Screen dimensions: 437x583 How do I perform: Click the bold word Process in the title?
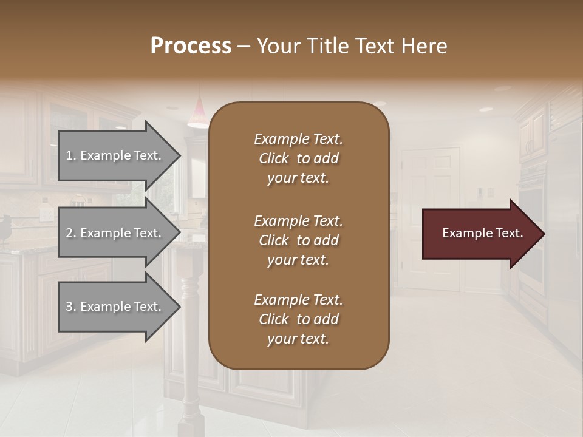point(191,46)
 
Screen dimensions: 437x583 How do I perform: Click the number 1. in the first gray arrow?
point(71,155)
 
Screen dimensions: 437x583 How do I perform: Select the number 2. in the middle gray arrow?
point(71,233)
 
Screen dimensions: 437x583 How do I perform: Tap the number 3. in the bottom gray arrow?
point(71,307)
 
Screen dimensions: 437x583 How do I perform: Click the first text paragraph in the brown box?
point(298,158)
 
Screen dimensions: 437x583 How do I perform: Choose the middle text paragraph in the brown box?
point(298,240)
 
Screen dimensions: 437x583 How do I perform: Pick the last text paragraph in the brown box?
point(298,319)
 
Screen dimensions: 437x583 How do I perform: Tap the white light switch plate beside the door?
point(490,192)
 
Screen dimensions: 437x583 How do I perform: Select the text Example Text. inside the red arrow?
point(482,233)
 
